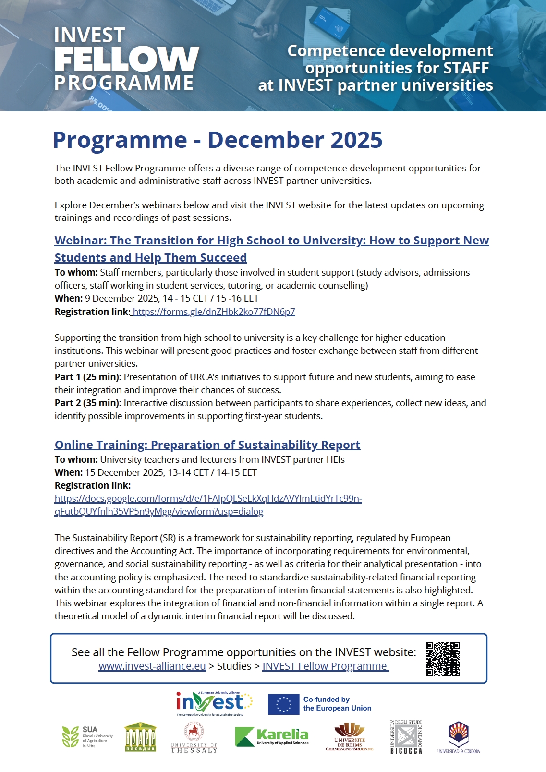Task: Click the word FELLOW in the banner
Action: tap(127, 59)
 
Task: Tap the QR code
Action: tap(443, 659)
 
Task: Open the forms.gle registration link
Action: tap(214, 312)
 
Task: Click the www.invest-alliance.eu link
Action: tap(152, 666)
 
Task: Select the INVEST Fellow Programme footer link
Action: tap(325, 666)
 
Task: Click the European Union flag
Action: tap(283, 704)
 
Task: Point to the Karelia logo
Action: tap(272, 736)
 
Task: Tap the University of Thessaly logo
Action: tap(194, 738)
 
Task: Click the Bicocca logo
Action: tap(406, 737)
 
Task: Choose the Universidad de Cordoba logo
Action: tap(459, 737)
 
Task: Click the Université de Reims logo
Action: tap(349, 737)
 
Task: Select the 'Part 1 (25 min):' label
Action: tap(88, 377)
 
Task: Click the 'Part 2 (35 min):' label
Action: tap(88, 403)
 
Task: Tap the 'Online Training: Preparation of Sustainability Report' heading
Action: tap(207, 445)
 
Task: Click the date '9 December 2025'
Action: tap(122, 299)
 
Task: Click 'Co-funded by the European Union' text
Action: tap(337, 704)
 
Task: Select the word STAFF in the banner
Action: tap(465, 68)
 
